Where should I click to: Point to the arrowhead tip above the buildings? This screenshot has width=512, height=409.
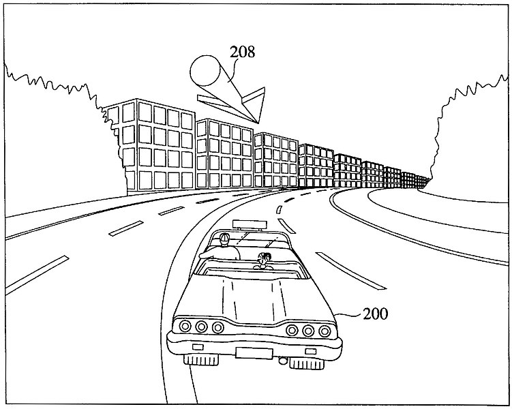pyautogui.click(x=255, y=123)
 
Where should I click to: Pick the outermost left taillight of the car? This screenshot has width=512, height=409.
pyautogui.click(x=185, y=327)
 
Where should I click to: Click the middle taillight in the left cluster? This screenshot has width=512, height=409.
pyautogui.click(x=200, y=327)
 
